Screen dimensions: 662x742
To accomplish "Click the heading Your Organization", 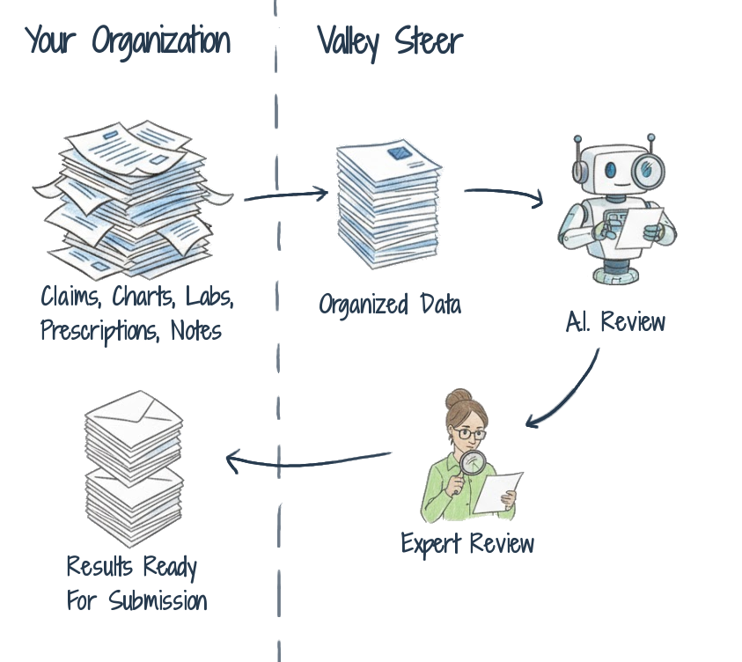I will pyautogui.click(x=129, y=41).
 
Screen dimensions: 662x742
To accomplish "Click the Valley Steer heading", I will pyautogui.click(x=390, y=41).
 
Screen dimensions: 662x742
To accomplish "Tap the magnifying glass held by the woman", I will pyautogui.click(x=473, y=464).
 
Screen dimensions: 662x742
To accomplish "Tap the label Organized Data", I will pyautogui.click(x=390, y=305).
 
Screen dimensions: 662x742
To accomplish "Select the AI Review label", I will pyautogui.click(x=615, y=322).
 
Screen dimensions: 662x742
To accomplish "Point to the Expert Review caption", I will pyautogui.click(x=467, y=542).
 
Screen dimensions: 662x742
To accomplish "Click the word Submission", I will pyautogui.click(x=158, y=601).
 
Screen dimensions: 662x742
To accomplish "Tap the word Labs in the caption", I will pyautogui.click(x=209, y=297).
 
